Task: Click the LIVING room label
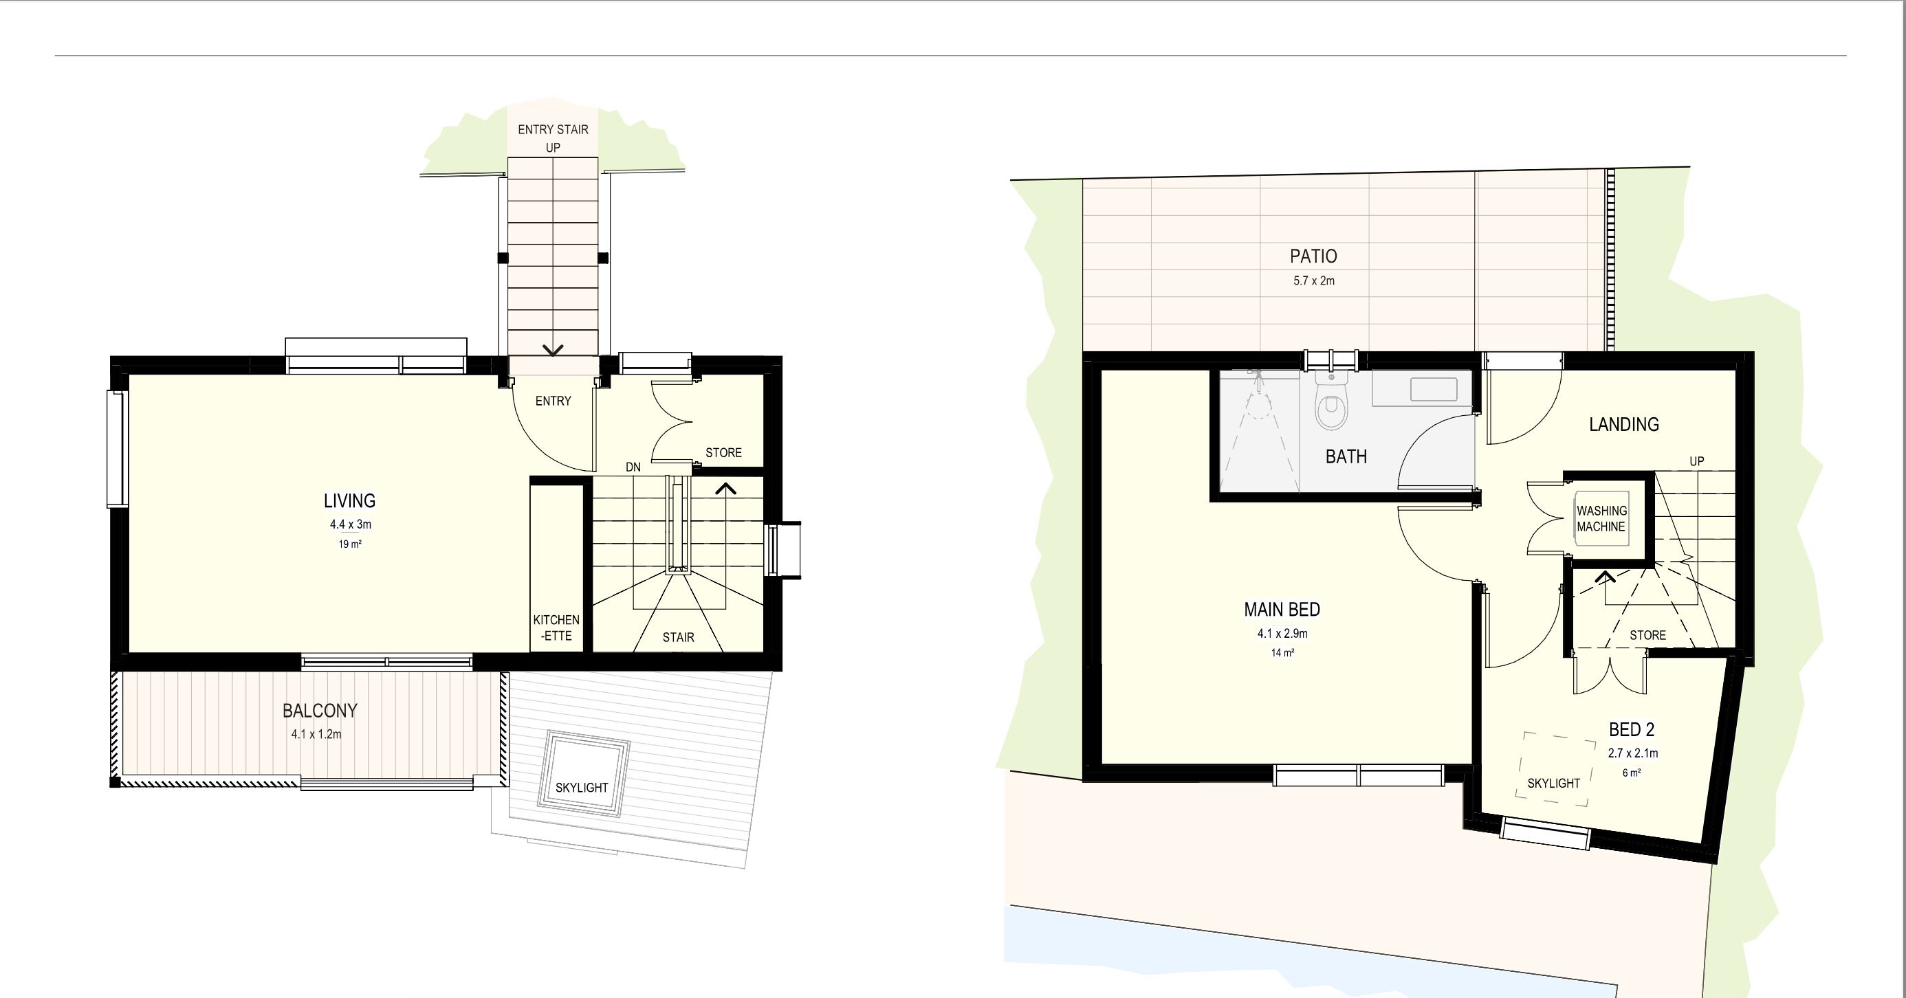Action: [x=349, y=501]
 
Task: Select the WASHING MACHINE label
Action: [x=1601, y=519]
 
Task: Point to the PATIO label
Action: [x=1313, y=256]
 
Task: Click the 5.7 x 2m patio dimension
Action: [x=1314, y=281]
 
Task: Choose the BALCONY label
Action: [x=320, y=711]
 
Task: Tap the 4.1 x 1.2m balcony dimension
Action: [x=316, y=735]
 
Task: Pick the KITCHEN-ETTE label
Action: [x=556, y=628]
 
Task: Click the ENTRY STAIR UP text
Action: [x=553, y=138]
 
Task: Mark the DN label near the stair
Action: [x=633, y=467]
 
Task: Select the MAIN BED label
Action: [x=1282, y=610]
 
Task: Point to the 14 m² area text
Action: [x=1282, y=653]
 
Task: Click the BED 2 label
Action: [x=1632, y=729]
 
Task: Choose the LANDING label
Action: [x=1624, y=425]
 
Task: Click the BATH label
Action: [x=1346, y=457]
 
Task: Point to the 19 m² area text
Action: [x=350, y=544]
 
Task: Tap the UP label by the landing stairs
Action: [x=1696, y=461]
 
